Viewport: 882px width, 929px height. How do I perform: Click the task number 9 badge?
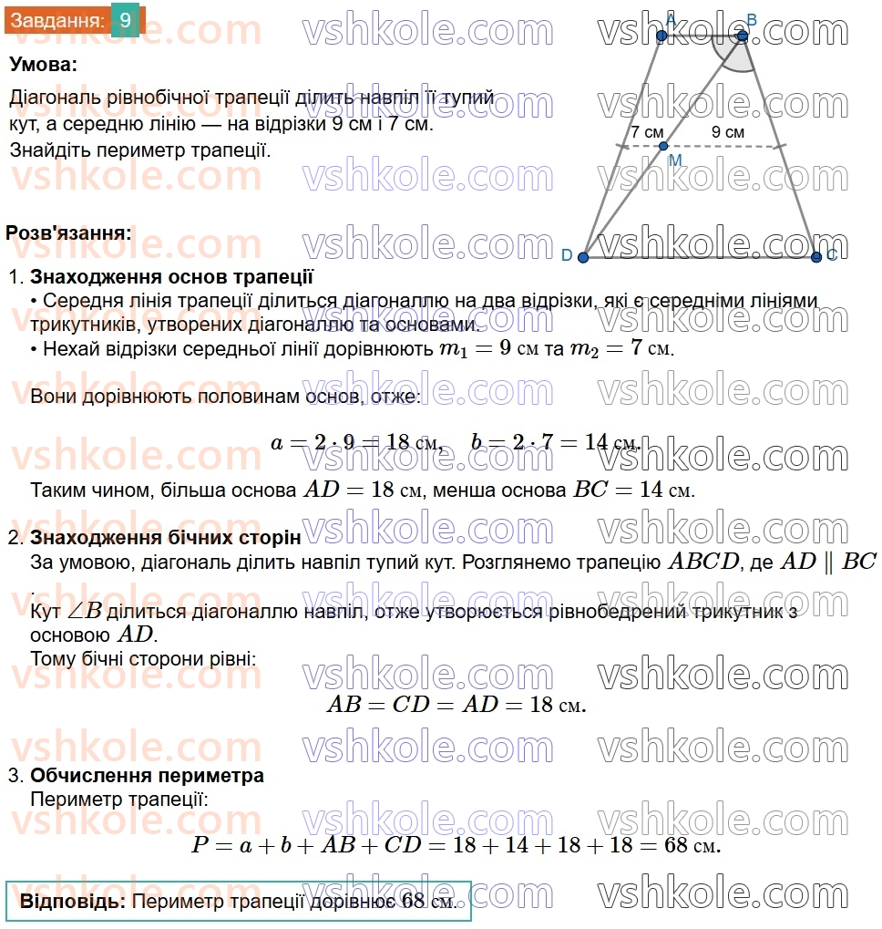coord(125,19)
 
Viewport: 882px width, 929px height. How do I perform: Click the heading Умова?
coord(44,65)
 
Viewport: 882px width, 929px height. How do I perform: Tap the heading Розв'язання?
coord(68,232)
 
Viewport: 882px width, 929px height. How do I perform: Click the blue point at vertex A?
coord(661,36)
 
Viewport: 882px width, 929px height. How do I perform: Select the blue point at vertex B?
coord(743,36)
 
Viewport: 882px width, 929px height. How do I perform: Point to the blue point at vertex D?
coord(583,258)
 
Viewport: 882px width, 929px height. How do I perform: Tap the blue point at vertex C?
coord(816,257)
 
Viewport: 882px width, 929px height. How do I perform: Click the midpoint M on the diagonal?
coord(663,146)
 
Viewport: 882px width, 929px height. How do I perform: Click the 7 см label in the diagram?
coord(647,132)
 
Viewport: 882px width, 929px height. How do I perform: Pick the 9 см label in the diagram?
coord(727,132)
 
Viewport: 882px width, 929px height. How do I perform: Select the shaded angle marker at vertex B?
coord(736,55)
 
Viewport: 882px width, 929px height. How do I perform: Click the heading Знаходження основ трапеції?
coord(172,277)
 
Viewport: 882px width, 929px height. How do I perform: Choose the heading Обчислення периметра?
coord(148,776)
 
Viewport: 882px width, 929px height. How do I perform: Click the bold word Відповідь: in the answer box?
coord(72,902)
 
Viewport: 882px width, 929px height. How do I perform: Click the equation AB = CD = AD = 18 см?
coord(456,705)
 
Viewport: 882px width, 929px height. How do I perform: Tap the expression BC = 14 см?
coord(633,490)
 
